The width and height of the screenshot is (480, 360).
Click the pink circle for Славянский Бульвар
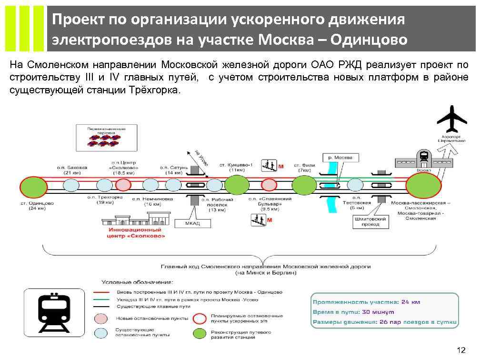(x=269, y=185)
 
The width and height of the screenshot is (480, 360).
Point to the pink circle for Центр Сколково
(x=123, y=185)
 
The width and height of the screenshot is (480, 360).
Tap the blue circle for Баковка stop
(x=71, y=185)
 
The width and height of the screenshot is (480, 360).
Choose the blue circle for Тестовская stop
(x=355, y=185)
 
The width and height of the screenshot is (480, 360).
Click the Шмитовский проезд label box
(x=370, y=222)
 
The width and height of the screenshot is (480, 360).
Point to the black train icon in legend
(x=53, y=312)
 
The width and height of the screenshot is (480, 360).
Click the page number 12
(x=460, y=350)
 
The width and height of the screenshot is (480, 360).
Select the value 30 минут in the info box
(x=379, y=312)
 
